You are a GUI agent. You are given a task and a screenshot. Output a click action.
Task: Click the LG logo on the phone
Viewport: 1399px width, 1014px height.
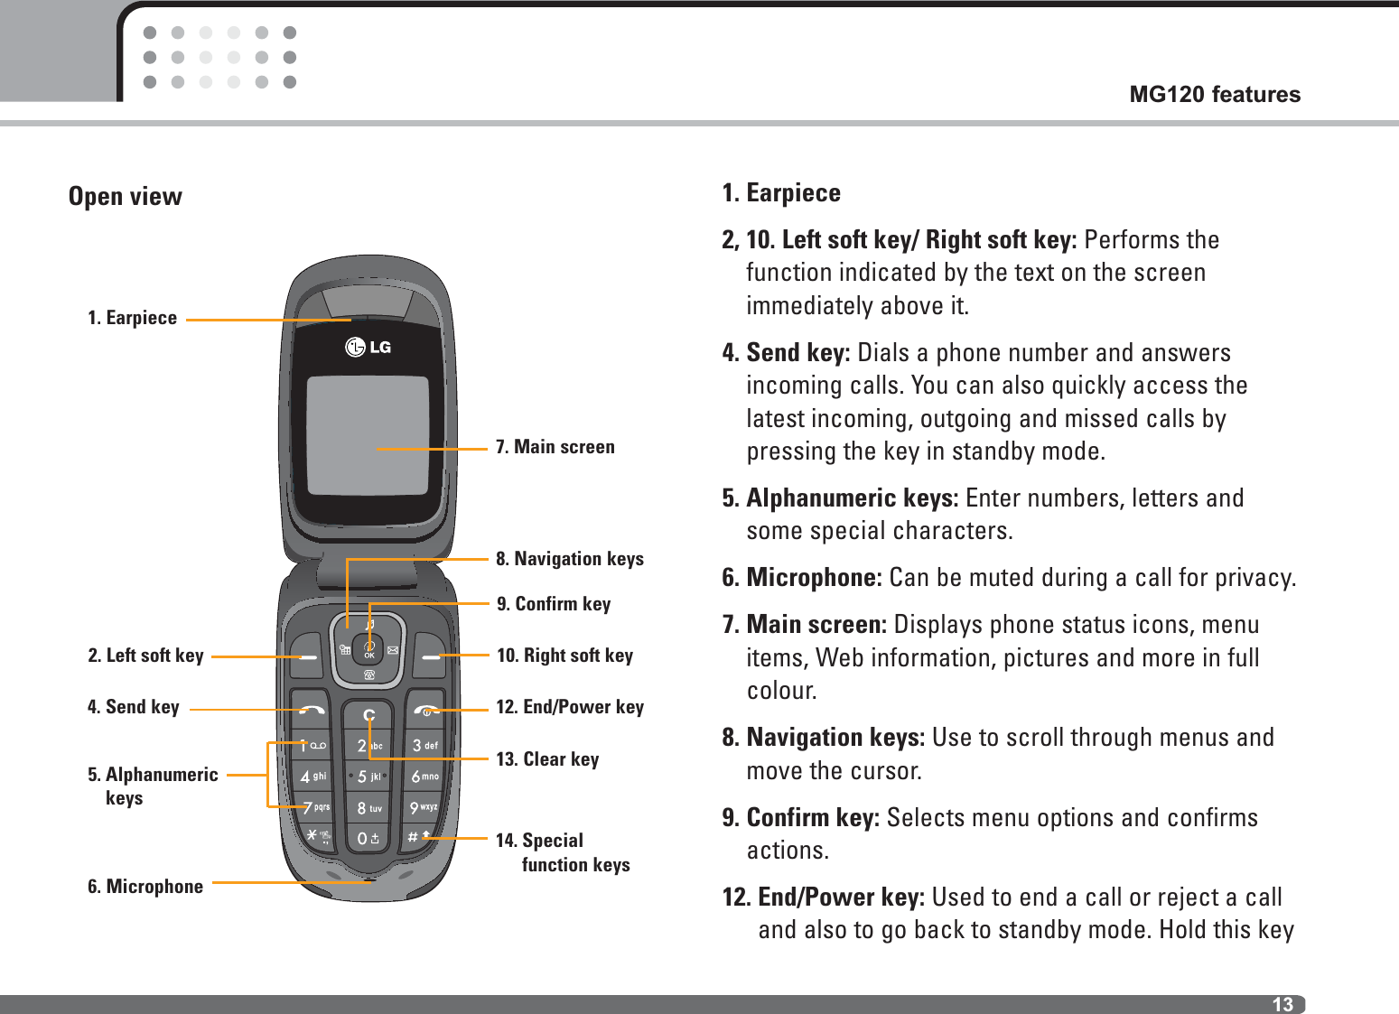coord(368,347)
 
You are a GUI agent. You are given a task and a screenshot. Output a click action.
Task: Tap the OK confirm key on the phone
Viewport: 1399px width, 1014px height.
coord(368,648)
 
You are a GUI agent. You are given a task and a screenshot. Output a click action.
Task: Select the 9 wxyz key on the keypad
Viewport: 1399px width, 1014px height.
coord(423,807)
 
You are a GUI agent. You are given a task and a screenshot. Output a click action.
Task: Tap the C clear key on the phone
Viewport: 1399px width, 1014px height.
coord(368,716)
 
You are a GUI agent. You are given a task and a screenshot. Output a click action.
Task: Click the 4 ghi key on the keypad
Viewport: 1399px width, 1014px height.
coord(312,777)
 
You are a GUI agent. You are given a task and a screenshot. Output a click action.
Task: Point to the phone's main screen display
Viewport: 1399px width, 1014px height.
coord(368,435)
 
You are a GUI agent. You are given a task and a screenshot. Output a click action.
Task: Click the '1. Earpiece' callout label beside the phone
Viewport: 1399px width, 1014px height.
coord(132,318)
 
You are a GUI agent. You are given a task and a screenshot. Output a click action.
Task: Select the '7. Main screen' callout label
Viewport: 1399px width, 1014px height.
coord(555,447)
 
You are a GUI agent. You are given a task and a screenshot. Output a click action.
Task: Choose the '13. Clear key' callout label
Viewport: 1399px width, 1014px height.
coord(547,759)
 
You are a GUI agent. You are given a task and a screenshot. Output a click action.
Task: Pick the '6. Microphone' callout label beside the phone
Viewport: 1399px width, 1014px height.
coord(145,887)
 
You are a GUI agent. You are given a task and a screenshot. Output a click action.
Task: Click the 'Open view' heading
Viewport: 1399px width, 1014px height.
coord(126,197)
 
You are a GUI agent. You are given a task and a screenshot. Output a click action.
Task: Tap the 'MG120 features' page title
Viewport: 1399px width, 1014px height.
coord(1215,94)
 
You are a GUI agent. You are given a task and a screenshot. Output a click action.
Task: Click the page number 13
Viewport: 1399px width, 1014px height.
coord(1282,1004)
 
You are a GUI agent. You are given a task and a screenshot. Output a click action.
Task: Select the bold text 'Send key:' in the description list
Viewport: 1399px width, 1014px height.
coord(797,353)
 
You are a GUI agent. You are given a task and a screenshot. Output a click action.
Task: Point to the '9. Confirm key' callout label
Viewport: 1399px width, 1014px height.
coord(554,604)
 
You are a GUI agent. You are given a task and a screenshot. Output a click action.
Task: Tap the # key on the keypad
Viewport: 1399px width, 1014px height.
coord(418,837)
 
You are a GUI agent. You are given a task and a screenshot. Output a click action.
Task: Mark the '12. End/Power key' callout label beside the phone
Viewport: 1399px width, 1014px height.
coord(570,707)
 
